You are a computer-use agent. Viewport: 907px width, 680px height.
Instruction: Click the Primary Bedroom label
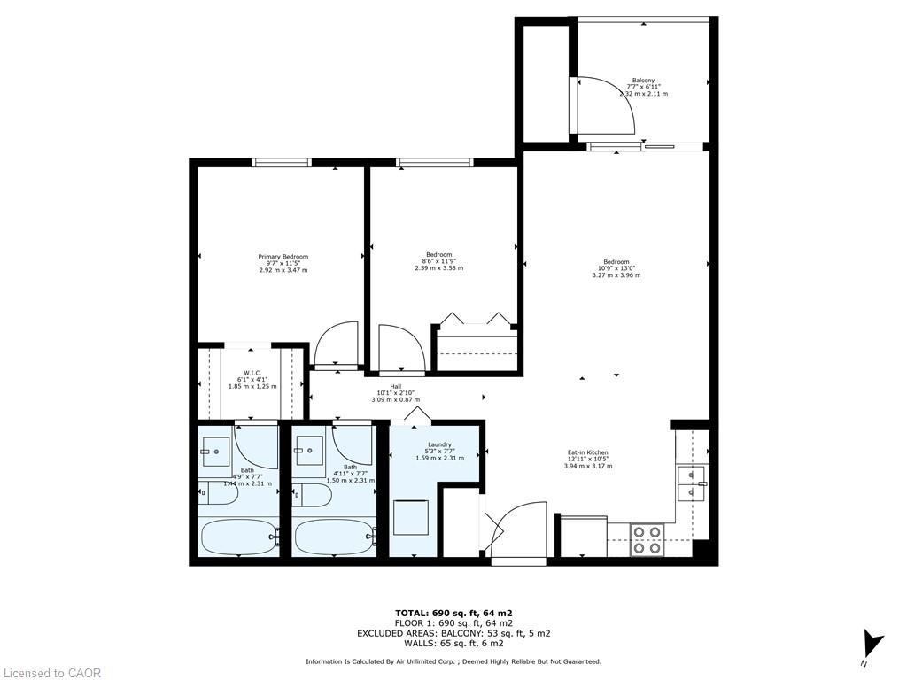283,257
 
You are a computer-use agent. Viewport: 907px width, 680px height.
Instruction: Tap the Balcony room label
644,80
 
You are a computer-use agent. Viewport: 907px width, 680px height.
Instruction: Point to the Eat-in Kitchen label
588,452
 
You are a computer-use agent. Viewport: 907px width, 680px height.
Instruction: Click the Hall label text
383,386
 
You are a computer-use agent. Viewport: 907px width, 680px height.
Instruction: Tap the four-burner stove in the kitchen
647,539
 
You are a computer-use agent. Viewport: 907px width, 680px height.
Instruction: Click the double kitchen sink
691,483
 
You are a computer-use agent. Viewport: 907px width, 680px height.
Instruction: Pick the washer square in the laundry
411,517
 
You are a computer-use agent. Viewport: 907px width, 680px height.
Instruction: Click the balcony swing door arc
611,104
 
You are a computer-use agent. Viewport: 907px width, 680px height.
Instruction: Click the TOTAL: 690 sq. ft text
453,613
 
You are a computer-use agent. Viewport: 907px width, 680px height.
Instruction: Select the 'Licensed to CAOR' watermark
52,673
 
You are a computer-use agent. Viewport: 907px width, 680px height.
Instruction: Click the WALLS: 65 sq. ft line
453,644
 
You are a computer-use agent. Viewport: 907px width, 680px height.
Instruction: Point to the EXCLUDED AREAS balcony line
453,633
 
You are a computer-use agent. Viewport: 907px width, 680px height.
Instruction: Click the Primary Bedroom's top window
281,162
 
